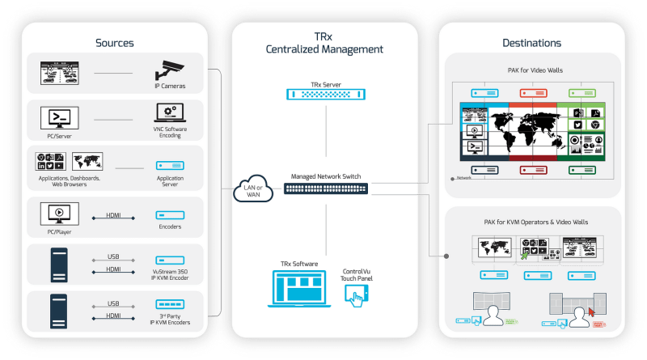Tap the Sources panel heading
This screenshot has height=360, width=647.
(x=114, y=42)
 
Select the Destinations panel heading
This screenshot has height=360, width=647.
(x=531, y=42)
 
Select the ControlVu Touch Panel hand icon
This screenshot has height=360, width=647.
(x=356, y=294)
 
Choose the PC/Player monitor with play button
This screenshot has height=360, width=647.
(x=59, y=214)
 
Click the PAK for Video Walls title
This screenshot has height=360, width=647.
(x=531, y=70)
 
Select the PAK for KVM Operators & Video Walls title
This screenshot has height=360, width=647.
(x=531, y=221)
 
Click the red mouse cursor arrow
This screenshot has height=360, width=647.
(x=591, y=311)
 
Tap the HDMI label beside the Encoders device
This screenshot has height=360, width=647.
(x=113, y=216)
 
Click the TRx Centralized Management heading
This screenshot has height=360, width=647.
(x=324, y=43)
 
